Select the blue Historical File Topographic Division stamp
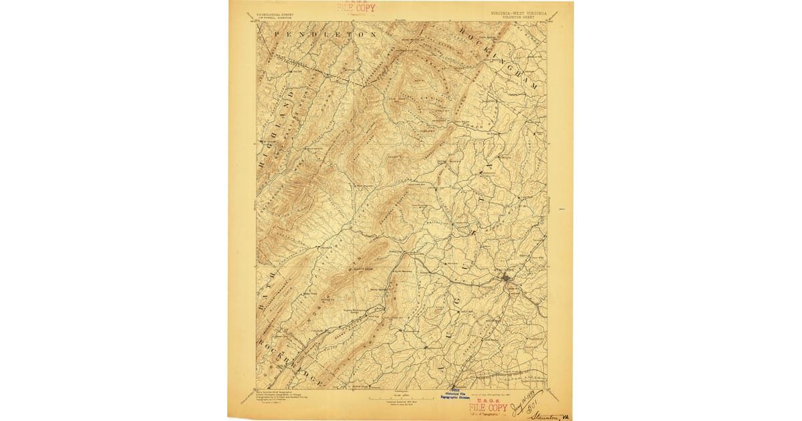pyautogui.click(x=456, y=396)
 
